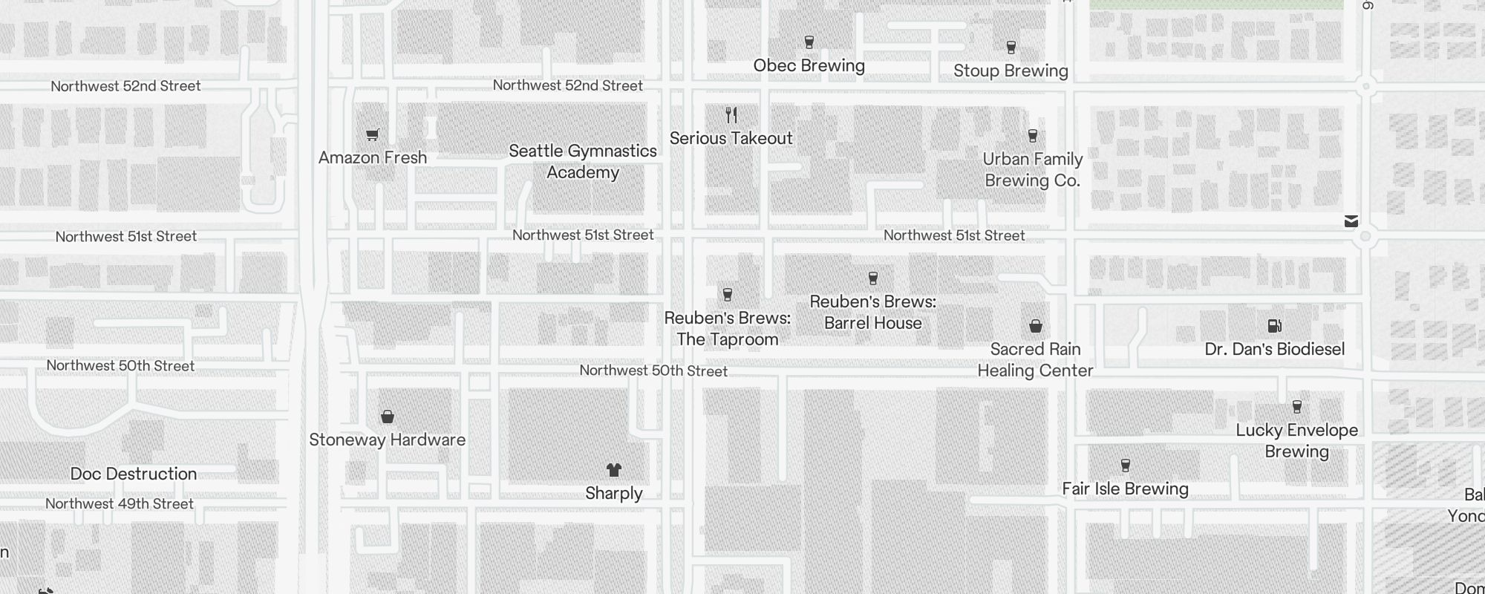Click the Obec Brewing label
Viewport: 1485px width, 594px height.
point(809,65)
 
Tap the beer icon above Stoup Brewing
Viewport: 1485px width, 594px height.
point(1011,48)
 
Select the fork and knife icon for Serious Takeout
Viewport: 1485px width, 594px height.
point(731,115)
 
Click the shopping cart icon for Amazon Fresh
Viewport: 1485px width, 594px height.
point(373,134)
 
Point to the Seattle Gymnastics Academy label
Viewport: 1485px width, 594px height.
point(583,161)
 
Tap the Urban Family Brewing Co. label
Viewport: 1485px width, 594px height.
point(1032,169)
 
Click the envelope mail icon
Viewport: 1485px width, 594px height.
point(1351,221)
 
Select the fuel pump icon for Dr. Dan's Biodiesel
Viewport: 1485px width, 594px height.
point(1274,326)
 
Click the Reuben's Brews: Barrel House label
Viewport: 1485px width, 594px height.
point(872,312)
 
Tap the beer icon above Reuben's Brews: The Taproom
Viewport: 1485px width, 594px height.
point(728,295)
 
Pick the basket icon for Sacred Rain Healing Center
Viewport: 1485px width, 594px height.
point(1036,326)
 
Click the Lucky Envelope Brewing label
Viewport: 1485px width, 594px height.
point(1296,440)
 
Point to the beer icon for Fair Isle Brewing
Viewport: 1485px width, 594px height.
point(1126,466)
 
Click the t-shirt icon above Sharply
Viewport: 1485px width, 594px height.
point(613,470)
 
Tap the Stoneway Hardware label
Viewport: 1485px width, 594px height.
point(387,440)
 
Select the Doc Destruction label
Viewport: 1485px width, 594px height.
point(134,474)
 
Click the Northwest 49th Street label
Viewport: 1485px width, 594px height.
point(120,503)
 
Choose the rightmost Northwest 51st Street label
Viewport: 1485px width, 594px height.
point(954,235)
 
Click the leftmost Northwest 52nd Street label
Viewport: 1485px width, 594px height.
point(125,86)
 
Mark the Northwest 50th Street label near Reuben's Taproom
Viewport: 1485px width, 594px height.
point(653,371)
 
